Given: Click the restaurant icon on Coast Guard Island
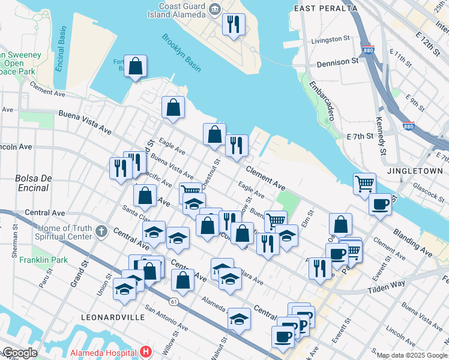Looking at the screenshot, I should (x=232, y=25).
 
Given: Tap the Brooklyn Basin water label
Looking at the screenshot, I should (x=181, y=53).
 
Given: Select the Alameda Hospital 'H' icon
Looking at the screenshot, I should (x=145, y=352).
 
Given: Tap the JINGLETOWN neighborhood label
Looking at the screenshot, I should (x=415, y=171).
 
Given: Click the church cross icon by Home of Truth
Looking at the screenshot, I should (x=102, y=230).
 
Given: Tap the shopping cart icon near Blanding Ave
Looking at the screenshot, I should (x=364, y=183).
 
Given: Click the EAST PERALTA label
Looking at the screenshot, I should (x=326, y=8).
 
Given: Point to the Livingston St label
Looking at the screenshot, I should (x=330, y=40).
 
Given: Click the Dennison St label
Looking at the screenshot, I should (x=337, y=62).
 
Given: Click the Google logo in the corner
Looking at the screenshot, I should (x=20, y=353).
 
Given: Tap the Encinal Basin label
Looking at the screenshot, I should (x=61, y=49).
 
